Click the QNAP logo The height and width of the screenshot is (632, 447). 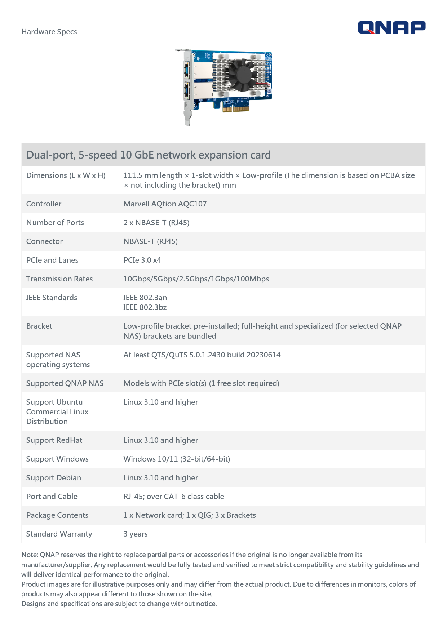[x=391, y=27]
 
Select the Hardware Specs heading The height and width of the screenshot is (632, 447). [x=49, y=32]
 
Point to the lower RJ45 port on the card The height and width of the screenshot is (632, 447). [x=187, y=91]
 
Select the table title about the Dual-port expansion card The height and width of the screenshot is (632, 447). [x=149, y=155]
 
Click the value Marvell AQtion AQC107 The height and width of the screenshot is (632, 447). [x=165, y=204]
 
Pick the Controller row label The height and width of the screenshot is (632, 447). [x=44, y=204]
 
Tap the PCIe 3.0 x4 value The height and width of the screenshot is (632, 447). [x=142, y=260]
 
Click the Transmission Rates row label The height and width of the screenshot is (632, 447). [x=59, y=279]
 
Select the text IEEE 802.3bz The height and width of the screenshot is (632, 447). [x=145, y=307]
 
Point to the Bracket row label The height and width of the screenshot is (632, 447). [x=39, y=326]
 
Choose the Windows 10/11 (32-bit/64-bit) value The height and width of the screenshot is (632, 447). [x=177, y=459]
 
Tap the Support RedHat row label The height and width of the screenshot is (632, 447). [x=54, y=440]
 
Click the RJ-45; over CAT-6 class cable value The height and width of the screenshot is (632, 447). [x=174, y=497]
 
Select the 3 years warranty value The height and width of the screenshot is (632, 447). [x=136, y=534]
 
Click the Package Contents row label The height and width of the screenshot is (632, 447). [x=57, y=515]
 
